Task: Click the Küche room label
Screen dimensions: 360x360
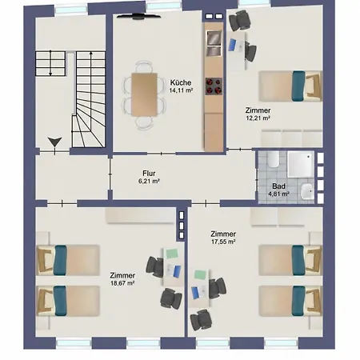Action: pos(181,82)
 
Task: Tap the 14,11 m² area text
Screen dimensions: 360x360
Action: pos(181,90)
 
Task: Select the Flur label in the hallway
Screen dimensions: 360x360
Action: pos(149,174)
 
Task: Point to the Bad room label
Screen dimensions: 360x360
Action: pos(278,186)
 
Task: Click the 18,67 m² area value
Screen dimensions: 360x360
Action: pos(122,283)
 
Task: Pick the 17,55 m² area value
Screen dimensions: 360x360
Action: pos(223,242)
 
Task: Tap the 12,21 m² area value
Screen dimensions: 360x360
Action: pos(258,118)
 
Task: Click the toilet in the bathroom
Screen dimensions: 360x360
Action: pos(274,159)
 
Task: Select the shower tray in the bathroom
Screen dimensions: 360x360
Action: pos(301,164)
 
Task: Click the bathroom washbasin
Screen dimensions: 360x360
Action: pos(307,191)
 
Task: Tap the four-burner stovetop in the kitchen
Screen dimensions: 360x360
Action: pos(214,86)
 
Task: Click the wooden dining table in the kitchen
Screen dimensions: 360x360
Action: pos(144,94)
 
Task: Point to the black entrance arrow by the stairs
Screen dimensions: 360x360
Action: pos(55,142)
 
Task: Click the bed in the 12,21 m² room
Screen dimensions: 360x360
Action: pos(290,86)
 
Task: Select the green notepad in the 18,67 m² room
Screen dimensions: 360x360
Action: pos(172,254)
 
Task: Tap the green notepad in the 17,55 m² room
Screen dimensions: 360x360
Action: pos(200,274)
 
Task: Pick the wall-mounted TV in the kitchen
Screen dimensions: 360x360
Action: pos(139,17)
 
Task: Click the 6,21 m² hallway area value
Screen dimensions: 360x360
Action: pos(149,182)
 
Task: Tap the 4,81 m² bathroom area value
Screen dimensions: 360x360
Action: pos(278,194)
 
